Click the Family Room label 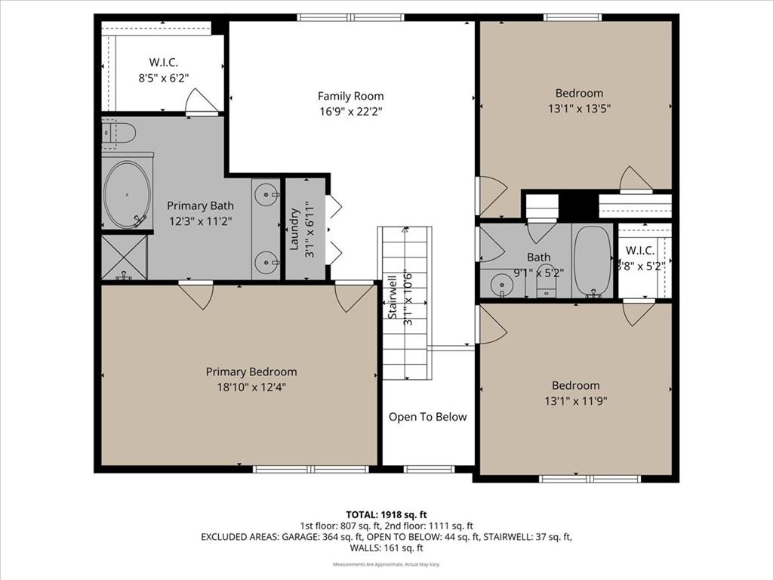pos(350,96)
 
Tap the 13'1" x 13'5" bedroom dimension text pos(579,108)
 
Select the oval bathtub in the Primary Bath pos(127,194)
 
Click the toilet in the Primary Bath pos(119,133)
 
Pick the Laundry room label pos(295,229)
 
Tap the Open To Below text pos(427,417)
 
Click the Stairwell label pos(393,298)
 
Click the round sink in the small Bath pos(500,285)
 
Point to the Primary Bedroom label pos(251,372)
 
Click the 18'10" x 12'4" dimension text pos(251,387)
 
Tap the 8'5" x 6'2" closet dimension pos(163,76)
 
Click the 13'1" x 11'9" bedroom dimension pos(575,400)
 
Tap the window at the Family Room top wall pos(350,17)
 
